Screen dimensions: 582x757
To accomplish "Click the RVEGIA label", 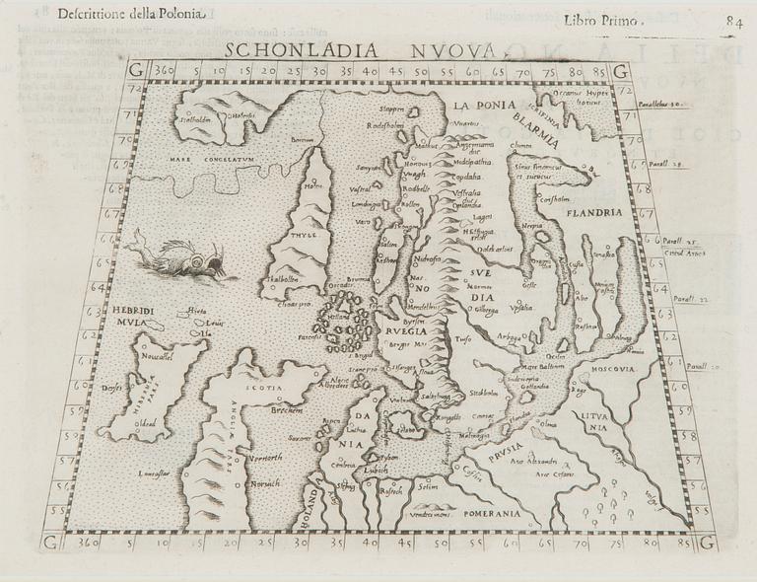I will coord(407,332).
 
